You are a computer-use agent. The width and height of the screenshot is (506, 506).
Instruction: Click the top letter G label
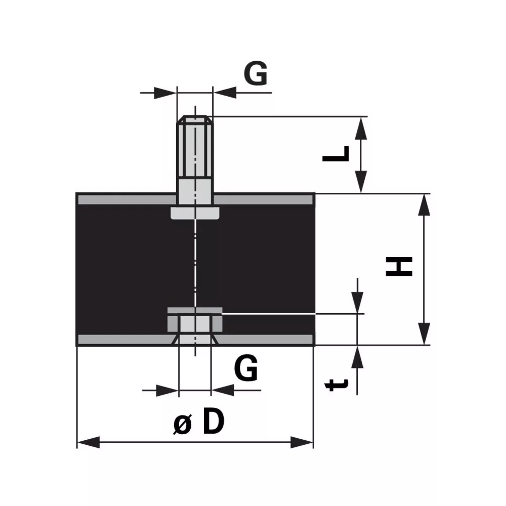[x=255, y=73]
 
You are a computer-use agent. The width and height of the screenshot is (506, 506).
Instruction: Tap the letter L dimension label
[x=335, y=154]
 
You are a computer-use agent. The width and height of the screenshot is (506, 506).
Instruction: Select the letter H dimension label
[x=399, y=267]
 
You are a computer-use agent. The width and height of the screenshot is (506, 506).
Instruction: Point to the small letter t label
[x=336, y=385]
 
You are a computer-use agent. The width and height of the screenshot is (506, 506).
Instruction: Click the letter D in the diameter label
[x=214, y=420]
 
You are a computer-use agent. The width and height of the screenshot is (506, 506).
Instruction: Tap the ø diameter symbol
[x=183, y=424]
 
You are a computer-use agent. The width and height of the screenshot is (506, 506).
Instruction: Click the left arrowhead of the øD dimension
[x=89, y=442]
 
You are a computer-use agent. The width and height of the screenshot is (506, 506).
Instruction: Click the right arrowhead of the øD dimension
[x=302, y=442]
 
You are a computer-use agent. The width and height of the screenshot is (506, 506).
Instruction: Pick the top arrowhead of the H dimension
[x=424, y=204]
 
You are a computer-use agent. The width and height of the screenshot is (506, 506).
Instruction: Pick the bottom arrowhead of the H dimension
[x=424, y=333]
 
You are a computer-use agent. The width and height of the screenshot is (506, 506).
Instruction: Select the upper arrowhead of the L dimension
[x=361, y=128]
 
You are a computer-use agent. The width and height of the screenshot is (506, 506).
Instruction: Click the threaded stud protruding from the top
[x=195, y=160]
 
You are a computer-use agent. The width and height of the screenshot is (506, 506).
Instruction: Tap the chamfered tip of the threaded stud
[x=195, y=119]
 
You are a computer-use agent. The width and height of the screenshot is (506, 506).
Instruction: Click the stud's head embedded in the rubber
[x=195, y=214]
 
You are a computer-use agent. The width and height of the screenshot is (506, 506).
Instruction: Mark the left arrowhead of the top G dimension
[x=165, y=93]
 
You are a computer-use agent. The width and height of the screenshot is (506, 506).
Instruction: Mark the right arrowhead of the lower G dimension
[x=223, y=390]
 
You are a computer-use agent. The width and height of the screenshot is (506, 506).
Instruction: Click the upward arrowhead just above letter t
[x=357, y=357]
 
